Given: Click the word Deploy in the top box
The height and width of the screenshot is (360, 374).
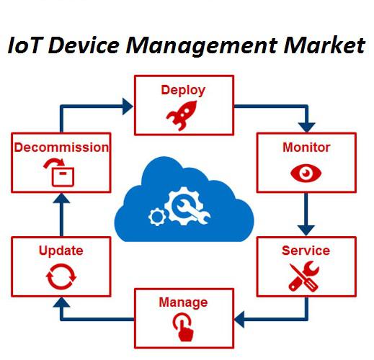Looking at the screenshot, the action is [x=183, y=91].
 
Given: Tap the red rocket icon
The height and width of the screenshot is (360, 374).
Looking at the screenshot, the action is [x=182, y=115].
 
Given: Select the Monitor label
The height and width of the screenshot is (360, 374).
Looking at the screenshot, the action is [x=306, y=148].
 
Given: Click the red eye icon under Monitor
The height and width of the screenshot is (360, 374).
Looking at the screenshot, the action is [x=306, y=173].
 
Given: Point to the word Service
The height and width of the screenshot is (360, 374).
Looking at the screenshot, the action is [x=306, y=251].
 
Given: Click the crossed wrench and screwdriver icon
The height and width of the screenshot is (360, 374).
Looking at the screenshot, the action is [x=304, y=276].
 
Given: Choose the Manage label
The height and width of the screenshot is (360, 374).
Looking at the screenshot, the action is [x=183, y=302].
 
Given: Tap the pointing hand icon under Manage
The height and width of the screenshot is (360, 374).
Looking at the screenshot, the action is [x=183, y=327].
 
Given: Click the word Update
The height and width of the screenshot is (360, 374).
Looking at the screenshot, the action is [x=61, y=251].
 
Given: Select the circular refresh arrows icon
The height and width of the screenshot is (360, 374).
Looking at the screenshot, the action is [x=61, y=276].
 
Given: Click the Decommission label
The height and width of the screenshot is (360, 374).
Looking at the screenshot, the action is [x=61, y=148].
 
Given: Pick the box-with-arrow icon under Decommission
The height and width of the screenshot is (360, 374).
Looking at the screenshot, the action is [x=60, y=172].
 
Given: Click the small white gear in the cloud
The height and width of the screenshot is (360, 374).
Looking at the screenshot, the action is [x=157, y=217].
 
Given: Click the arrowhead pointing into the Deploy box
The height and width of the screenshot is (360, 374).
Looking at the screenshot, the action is [x=128, y=106].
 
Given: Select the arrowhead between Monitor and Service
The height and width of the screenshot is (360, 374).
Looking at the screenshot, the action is [x=306, y=230].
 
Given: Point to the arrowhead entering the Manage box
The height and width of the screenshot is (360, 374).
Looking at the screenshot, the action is [x=239, y=320].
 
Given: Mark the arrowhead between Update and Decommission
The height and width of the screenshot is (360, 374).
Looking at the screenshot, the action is [x=61, y=198].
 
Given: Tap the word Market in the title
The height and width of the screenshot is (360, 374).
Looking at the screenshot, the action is [x=324, y=45].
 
